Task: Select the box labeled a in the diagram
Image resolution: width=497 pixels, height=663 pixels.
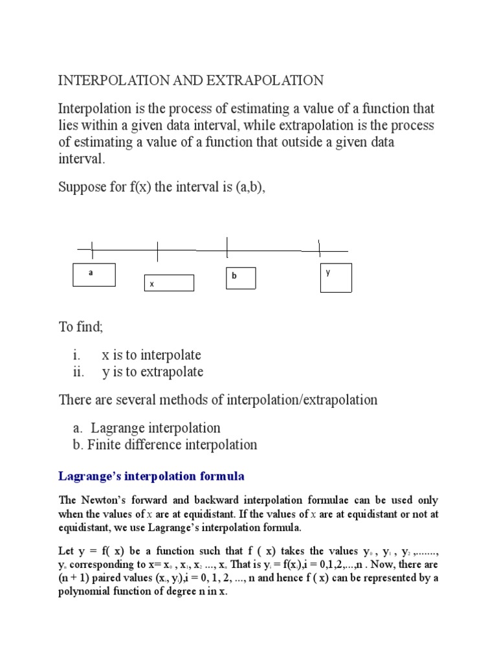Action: [94, 275]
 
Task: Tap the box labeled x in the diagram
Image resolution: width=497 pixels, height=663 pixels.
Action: [168, 283]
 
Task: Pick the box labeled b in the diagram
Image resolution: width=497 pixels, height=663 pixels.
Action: [240, 278]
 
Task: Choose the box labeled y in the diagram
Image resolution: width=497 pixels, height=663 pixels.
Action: [336, 277]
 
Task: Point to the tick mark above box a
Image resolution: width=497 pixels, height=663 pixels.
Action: [93, 249]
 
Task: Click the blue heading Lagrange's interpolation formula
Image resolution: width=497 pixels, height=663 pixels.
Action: [151, 477]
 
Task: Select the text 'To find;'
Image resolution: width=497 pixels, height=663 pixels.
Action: [81, 327]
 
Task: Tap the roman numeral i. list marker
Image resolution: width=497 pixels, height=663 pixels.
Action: [77, 355]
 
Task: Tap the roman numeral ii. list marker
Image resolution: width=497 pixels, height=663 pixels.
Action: [78, 372]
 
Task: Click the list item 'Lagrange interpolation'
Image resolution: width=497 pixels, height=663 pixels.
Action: [155, 428]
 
